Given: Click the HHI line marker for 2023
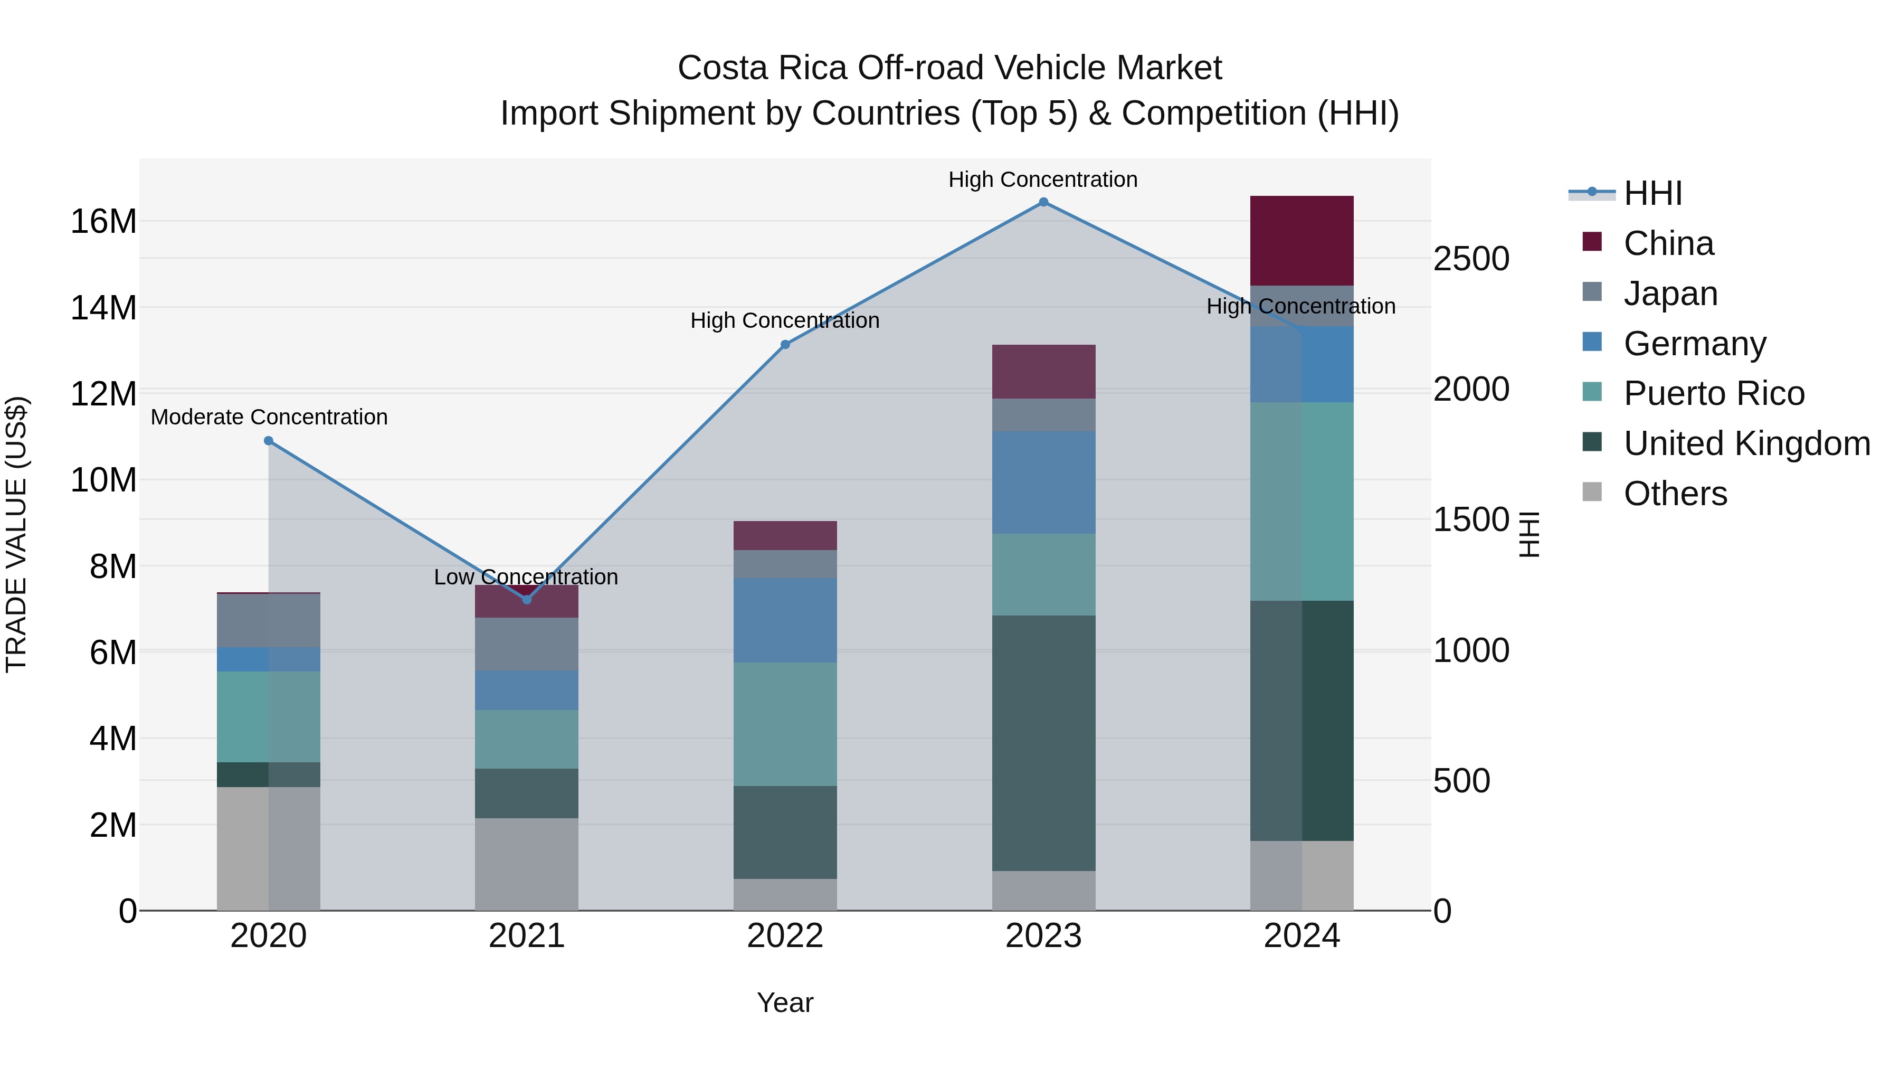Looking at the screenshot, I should click(x=1043, y=202).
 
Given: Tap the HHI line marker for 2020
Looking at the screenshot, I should click(x=269, y=441).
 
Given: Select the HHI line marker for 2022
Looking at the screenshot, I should click(x=785, y=345).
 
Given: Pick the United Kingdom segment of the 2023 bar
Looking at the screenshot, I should click(x=1043, y=743).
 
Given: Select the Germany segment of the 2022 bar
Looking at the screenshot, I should click(x=785, y=620).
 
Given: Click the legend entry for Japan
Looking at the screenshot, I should click(x=1670, y=294).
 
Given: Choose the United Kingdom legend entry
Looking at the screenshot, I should click(x=1746, y=443).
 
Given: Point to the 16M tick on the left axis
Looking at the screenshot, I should click(x=103, y=221).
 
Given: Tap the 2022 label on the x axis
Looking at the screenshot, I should click(x=785, y=936).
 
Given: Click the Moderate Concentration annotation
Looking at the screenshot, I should click(x=269, y=418).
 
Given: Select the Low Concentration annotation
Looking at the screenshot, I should click(x=526, y=577).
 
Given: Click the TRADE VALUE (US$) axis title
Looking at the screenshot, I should click(x=16, y=534).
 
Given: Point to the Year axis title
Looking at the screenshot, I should click(x=785, y=1002).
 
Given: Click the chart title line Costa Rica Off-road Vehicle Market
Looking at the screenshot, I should click(x=949, y=68).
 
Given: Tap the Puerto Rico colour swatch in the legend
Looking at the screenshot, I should click(x=1592, y=392).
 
